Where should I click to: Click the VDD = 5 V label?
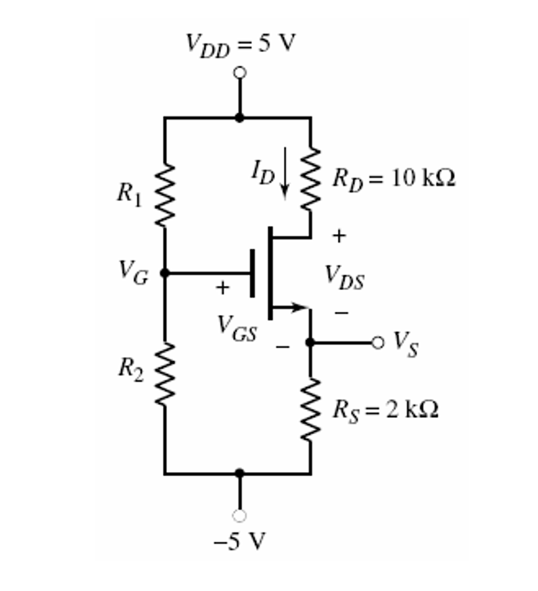[241, 44]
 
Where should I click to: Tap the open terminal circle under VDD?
[239, 72]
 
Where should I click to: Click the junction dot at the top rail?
[239, 118]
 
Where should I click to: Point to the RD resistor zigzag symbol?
[311, 177]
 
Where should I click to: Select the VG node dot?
[165, 273]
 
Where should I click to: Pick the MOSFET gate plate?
[253, 273]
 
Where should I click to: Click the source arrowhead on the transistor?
[297, 308]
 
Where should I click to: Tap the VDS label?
[344, 277]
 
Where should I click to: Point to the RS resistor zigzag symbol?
[311, 410]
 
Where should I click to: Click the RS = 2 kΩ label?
[385, 410]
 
